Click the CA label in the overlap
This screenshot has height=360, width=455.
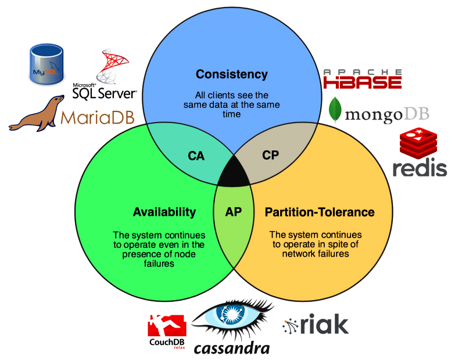pyautogui.click(x=196, y=156)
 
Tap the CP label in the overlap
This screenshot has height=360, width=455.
pyautogui.click(x=270, y=156)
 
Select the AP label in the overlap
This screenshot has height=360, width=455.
pyautogui.click(x=233, y=212)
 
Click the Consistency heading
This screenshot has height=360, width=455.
pyautogui.click(x=231, y=74)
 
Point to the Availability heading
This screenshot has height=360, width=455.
pyautogui.click(x=164, y=212)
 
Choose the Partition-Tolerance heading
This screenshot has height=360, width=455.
pyautogui.click(x=320, y=212)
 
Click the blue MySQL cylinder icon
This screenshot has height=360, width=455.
pyautogui.click(x=46, y=64)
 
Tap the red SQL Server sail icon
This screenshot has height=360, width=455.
pyautogui.click(x=112, y=66)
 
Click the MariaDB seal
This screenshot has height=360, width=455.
pyautogui.click(x=37, y=113)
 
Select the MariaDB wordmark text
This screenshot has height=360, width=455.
pyautogui.click(x=98, y=117)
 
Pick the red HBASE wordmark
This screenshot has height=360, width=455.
pyautogui.click(x=363, y=82)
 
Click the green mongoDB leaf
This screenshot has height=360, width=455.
pyautogui.click(x=335, y=110)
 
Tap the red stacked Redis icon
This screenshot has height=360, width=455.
pyautogui.click(x=418, y=143)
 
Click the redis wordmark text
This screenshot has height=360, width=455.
pyautogui.click(x=420, y=168)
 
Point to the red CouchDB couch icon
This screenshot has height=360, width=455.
pyautogui.click(x=167, y=326)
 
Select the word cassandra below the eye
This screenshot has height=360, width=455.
pyautogui.click(x=231, y=349)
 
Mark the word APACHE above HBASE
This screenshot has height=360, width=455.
pyautogui.click(x=363, y=72)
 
